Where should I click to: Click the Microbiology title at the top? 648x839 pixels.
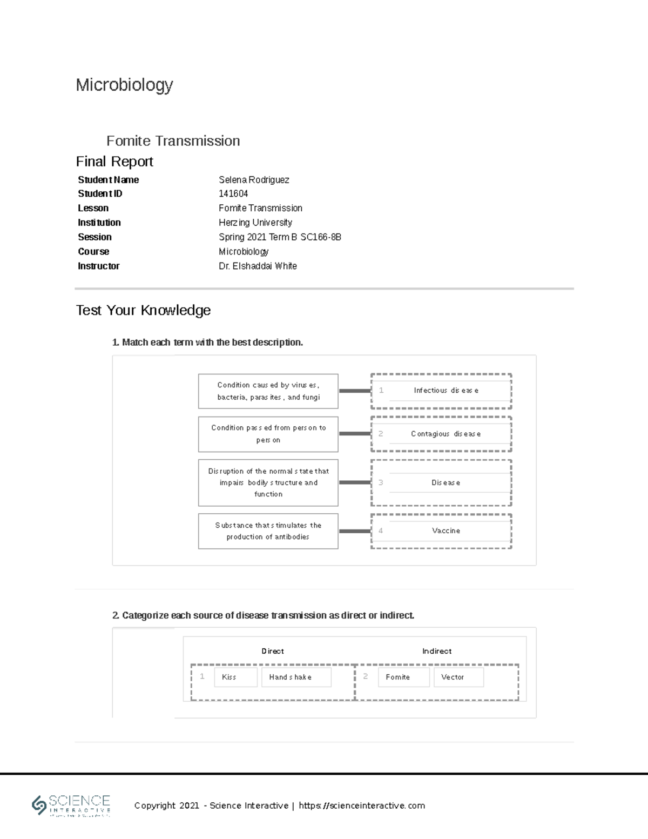pyautogui.click(x=124, y=85)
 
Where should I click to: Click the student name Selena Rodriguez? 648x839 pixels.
pyautogui.click(x=254, y=180)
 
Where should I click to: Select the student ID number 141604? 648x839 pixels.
pyautogui.click(x=233, y=194)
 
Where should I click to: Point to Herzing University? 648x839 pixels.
pyautogui.click(x=255, y=223)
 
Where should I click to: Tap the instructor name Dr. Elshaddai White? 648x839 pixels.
pyautogui.click(x=258, y=266)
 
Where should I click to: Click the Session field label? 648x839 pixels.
pyautogui.click(x=94, y=237)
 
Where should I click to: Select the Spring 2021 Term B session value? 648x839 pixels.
pyautogui.click(x=280, y=237)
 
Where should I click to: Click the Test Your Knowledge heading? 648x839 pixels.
pyautogui.click(x=143, y=310)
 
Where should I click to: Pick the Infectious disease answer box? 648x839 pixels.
pyautogui.click(x=446, y=391)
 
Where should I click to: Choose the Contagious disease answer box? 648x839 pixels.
pyautogui.click(x=446, y=434)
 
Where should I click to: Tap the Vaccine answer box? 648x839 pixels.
pyautogui.click(x=446, y=531)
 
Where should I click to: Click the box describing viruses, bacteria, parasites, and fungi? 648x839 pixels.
pyautogui.click(x=268, y=391)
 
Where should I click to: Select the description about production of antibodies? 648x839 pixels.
pyautogui.click(x=268, y=531)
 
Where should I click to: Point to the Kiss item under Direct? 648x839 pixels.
pyautogui.click(x=235, y=677)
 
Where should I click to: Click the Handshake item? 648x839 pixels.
pyautogui.click(x=296, y=677)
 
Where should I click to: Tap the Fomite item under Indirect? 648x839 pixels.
pyautogui.click(x=403, y=677)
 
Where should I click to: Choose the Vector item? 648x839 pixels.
pyautogui.click(x=458, y=677)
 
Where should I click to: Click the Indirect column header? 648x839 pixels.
pyautogui.click(x=437, y=652)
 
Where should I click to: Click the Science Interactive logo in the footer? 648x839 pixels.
pyautogui.click(x=71, y=805)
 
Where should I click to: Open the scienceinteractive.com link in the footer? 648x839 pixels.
pyautogui.click(x=362, y=806)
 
